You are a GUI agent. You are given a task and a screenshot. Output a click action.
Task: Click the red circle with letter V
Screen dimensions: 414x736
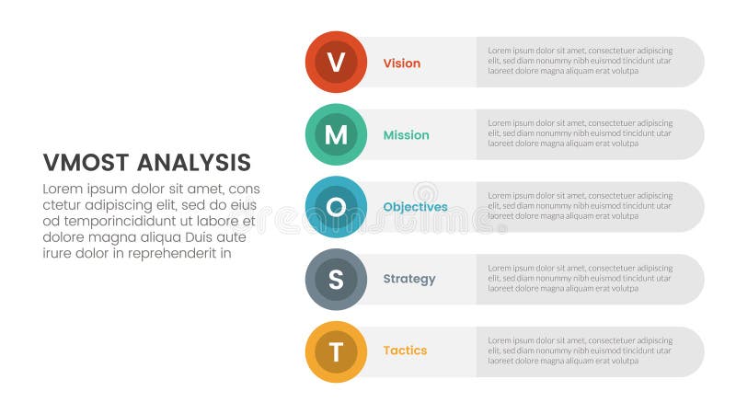click(336, 63)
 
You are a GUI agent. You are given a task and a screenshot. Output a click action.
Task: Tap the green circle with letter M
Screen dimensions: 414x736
click(336, 134)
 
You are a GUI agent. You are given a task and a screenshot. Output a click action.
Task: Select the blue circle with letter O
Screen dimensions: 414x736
click(336, 206)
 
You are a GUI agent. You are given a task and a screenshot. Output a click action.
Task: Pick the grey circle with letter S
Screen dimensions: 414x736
click(336, 279)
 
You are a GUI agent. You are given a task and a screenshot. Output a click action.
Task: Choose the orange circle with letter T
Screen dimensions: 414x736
click(336, 351)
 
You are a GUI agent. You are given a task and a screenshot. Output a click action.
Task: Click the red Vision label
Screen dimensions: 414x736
click(401, 63)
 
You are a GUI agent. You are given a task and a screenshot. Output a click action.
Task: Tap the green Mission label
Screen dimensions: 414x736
click(406, 135)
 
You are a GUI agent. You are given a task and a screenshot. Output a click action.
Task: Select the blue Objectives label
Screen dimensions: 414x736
click(415, 207)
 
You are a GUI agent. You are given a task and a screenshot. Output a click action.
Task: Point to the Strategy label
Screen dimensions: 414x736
click(409, 279)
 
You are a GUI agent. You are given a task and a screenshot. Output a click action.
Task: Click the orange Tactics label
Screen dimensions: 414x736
click(405, 351)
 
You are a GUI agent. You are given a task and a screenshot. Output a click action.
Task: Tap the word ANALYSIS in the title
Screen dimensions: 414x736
click(194, 163)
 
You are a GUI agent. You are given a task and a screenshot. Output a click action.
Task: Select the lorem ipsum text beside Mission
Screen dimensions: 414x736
click(580, 132)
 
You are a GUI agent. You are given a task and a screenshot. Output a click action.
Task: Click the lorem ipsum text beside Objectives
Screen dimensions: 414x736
click(580, 205)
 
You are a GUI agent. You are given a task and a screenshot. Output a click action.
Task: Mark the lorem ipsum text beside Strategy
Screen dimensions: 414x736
click(580, 277)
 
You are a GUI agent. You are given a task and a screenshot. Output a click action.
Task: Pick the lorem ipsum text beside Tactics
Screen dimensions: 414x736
click(580, 350)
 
